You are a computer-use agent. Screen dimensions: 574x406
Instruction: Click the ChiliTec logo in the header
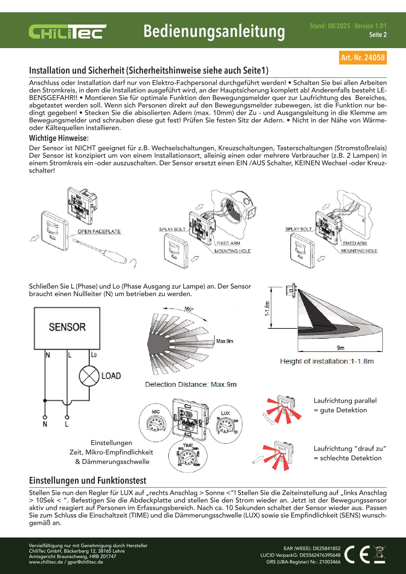click(x=68, y=32)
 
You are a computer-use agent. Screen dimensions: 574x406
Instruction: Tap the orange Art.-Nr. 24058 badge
click(x=363, y=57)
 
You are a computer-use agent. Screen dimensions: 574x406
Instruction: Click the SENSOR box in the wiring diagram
click(x=67, y=328)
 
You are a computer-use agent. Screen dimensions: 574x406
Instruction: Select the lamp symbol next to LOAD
click(x=89, y=376)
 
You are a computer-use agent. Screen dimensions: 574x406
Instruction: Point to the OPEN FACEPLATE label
click(x=99, y=232)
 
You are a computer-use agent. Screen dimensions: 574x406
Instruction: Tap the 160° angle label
click(x=189, y=309)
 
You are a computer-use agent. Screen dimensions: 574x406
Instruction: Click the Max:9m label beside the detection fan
click(x=225, y=341)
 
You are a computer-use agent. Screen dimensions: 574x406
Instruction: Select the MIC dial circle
click(x=156, y=423)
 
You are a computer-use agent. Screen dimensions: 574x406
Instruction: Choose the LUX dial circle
click(x=226, y=424)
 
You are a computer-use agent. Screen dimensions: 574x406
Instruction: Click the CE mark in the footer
click(x=357, y=554)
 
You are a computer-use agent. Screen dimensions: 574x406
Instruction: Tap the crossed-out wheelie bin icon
click(x=379, y=554)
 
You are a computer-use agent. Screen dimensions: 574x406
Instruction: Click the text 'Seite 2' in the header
click(x=378, y=35)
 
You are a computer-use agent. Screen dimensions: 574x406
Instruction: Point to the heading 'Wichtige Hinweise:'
click(x=59, y=138)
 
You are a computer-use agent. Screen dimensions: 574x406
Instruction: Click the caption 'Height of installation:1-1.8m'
click(x=327, y=361)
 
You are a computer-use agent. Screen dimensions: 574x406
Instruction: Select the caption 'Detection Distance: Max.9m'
click(x=191, y=384)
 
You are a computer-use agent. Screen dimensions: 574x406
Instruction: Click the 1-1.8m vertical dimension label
click(x=268, y=308)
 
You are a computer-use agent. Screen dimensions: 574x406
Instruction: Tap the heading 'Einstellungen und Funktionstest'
click(x=88, y=481)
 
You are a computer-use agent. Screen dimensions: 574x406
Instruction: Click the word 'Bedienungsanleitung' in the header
click(x=214, y=31)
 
